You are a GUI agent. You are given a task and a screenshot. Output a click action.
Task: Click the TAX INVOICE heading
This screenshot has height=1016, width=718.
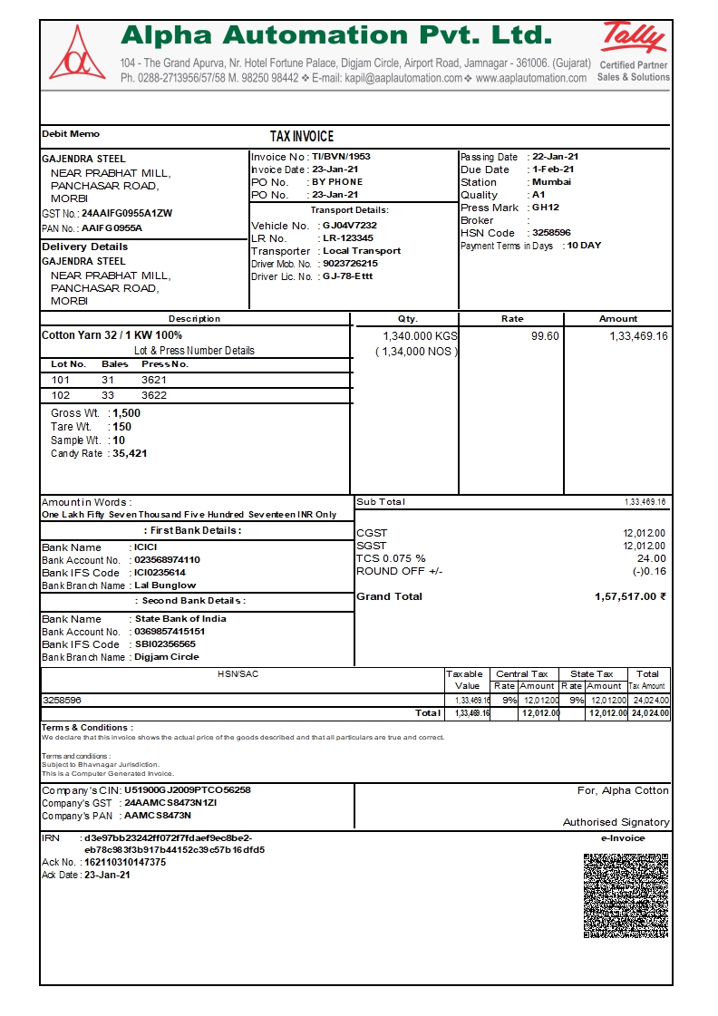click(302, 136)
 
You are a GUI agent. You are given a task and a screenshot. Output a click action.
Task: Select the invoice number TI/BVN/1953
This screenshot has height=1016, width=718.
click(341, 157)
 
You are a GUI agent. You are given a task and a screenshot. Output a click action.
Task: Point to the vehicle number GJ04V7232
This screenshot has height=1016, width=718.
click(349, 225)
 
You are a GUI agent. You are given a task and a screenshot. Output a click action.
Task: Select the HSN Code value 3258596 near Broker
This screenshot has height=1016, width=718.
click(551, 233)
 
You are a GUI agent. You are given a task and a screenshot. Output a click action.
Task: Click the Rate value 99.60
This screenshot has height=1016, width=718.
click(545, 335)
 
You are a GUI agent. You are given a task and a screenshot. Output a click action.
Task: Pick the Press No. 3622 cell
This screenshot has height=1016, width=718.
click(154, 395)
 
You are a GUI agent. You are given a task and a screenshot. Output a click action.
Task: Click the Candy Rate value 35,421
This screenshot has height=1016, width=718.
click(130, 453)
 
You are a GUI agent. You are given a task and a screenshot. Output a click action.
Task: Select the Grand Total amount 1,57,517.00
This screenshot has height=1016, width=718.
click(630, 596)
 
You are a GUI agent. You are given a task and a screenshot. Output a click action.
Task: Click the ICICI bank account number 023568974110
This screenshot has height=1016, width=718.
click(167, 560)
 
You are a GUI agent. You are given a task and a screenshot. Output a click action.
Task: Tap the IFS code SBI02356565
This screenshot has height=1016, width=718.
click(165, 644)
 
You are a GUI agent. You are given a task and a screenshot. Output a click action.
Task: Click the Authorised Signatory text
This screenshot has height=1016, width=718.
click(616, 822)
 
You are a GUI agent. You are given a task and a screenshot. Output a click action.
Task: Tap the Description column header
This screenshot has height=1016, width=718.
click(194, 319)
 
